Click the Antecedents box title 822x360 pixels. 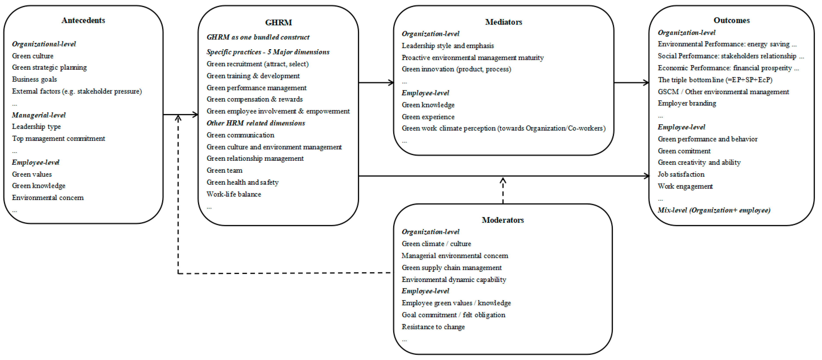(83, 20)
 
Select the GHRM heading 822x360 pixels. (278, 23)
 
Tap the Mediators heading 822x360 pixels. (503, 22)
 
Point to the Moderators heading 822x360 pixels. (503, 220)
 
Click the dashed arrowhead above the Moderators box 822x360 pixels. (503, 181)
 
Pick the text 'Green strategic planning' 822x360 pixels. (49, 67)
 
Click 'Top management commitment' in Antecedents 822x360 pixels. (58, 139)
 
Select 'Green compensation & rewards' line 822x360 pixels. (254, 99)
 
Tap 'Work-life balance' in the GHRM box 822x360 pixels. (233, 194)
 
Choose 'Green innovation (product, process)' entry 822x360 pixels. (456, 69)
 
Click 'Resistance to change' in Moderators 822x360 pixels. (433, 327)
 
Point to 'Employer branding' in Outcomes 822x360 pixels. (687, 103)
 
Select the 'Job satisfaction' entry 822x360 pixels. (681, 174)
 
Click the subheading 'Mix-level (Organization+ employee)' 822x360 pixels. (714, 210)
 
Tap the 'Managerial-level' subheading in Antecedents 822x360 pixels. (39, 115)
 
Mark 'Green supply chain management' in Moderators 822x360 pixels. (451, 268)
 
